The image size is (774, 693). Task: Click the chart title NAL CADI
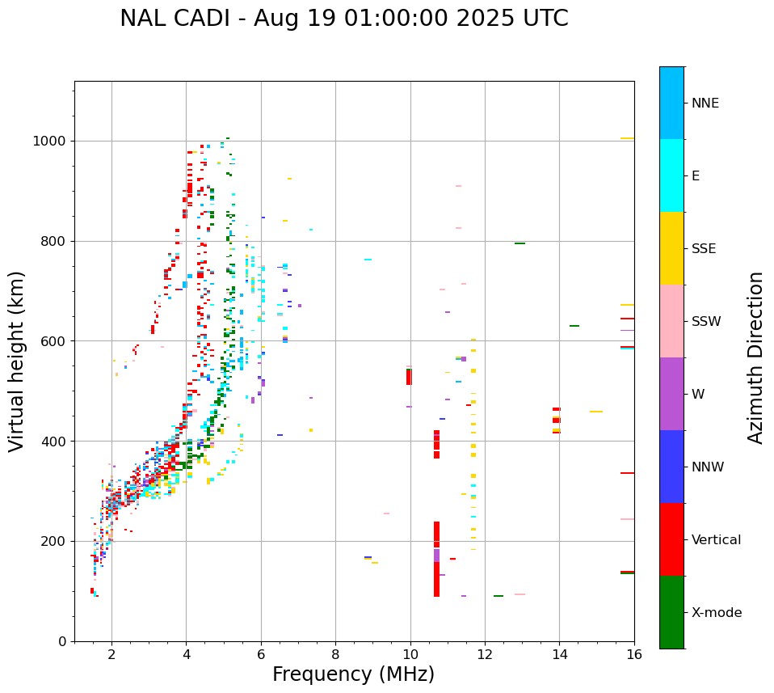343,19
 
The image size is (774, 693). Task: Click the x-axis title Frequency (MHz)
353,674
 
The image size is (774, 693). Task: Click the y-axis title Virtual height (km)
17,361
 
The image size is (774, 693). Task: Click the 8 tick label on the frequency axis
335,654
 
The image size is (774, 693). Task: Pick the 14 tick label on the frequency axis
559,654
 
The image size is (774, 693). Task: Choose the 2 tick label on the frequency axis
111,654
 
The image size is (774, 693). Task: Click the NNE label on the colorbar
705,104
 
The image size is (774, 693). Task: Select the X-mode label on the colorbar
716,613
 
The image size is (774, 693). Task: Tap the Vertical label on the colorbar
716,540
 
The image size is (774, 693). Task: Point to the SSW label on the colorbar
706,322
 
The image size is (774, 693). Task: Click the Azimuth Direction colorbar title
755,357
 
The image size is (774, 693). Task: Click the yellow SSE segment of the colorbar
671,248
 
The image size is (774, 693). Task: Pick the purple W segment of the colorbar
671,394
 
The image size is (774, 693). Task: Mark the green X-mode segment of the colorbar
671,612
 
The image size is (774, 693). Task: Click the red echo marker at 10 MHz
409,376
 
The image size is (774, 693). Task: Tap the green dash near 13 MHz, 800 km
520,243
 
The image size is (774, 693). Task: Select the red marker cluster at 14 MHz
556,420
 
